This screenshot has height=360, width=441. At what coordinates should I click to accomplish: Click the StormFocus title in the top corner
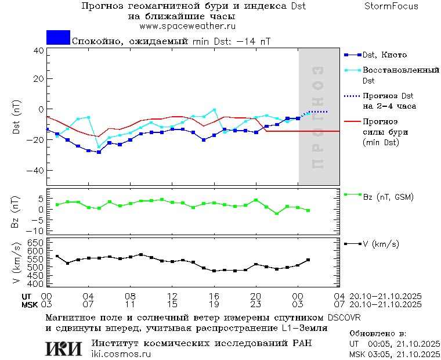coord(391,6)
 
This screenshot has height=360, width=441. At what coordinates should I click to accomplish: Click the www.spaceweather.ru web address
coord(187,26)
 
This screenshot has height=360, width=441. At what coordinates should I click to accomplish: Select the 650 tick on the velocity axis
coord(35,242)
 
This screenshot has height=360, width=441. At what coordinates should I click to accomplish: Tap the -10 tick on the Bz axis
coord(36,229)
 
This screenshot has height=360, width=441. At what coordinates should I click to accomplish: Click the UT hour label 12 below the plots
coord(172,296)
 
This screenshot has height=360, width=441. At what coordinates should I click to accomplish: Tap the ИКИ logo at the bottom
coord(64,348)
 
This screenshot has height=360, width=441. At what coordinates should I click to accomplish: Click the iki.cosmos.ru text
coord(117,354)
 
